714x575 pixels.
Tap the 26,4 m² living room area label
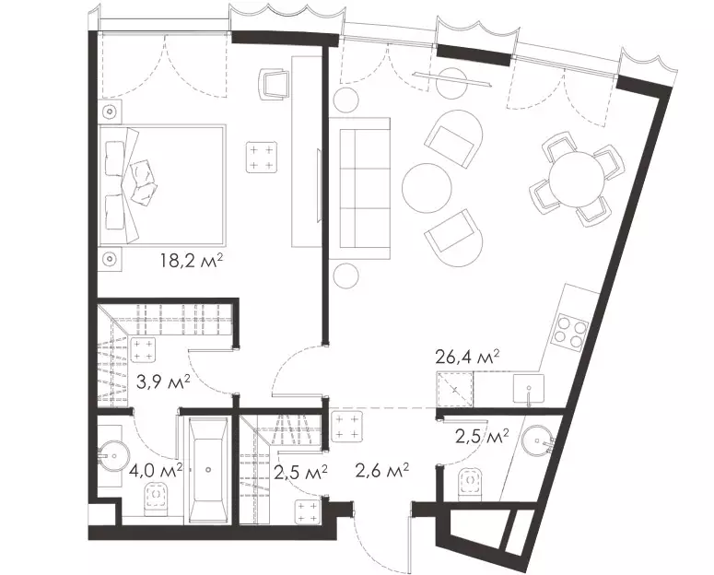point(468,358)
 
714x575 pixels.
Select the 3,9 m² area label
point(163,382)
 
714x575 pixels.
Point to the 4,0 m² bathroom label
point(156,469)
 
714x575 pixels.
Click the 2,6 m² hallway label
point(381,470)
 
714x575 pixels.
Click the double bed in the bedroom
point(162,183)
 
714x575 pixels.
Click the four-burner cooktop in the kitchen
point(570,332)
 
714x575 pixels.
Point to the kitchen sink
point(528,389)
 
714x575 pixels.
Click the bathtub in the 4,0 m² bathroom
point(208,470)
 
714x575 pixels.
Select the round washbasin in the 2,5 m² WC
point(538,440)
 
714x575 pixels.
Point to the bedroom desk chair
point(275,83)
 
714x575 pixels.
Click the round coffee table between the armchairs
point(427,188)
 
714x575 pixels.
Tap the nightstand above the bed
point(111,111)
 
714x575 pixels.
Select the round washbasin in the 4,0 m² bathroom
point(114,454)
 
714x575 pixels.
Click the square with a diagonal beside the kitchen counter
point(453,389)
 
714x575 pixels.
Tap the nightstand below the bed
point(111,259)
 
